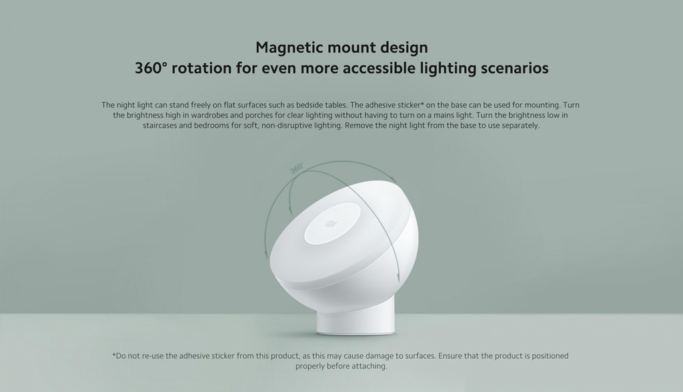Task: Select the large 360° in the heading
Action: (151, 68)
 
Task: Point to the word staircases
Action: (160, 125)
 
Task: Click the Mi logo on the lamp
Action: (331, 224)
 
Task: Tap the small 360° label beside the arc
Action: (297, 169)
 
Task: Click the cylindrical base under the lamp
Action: (357, 321)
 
